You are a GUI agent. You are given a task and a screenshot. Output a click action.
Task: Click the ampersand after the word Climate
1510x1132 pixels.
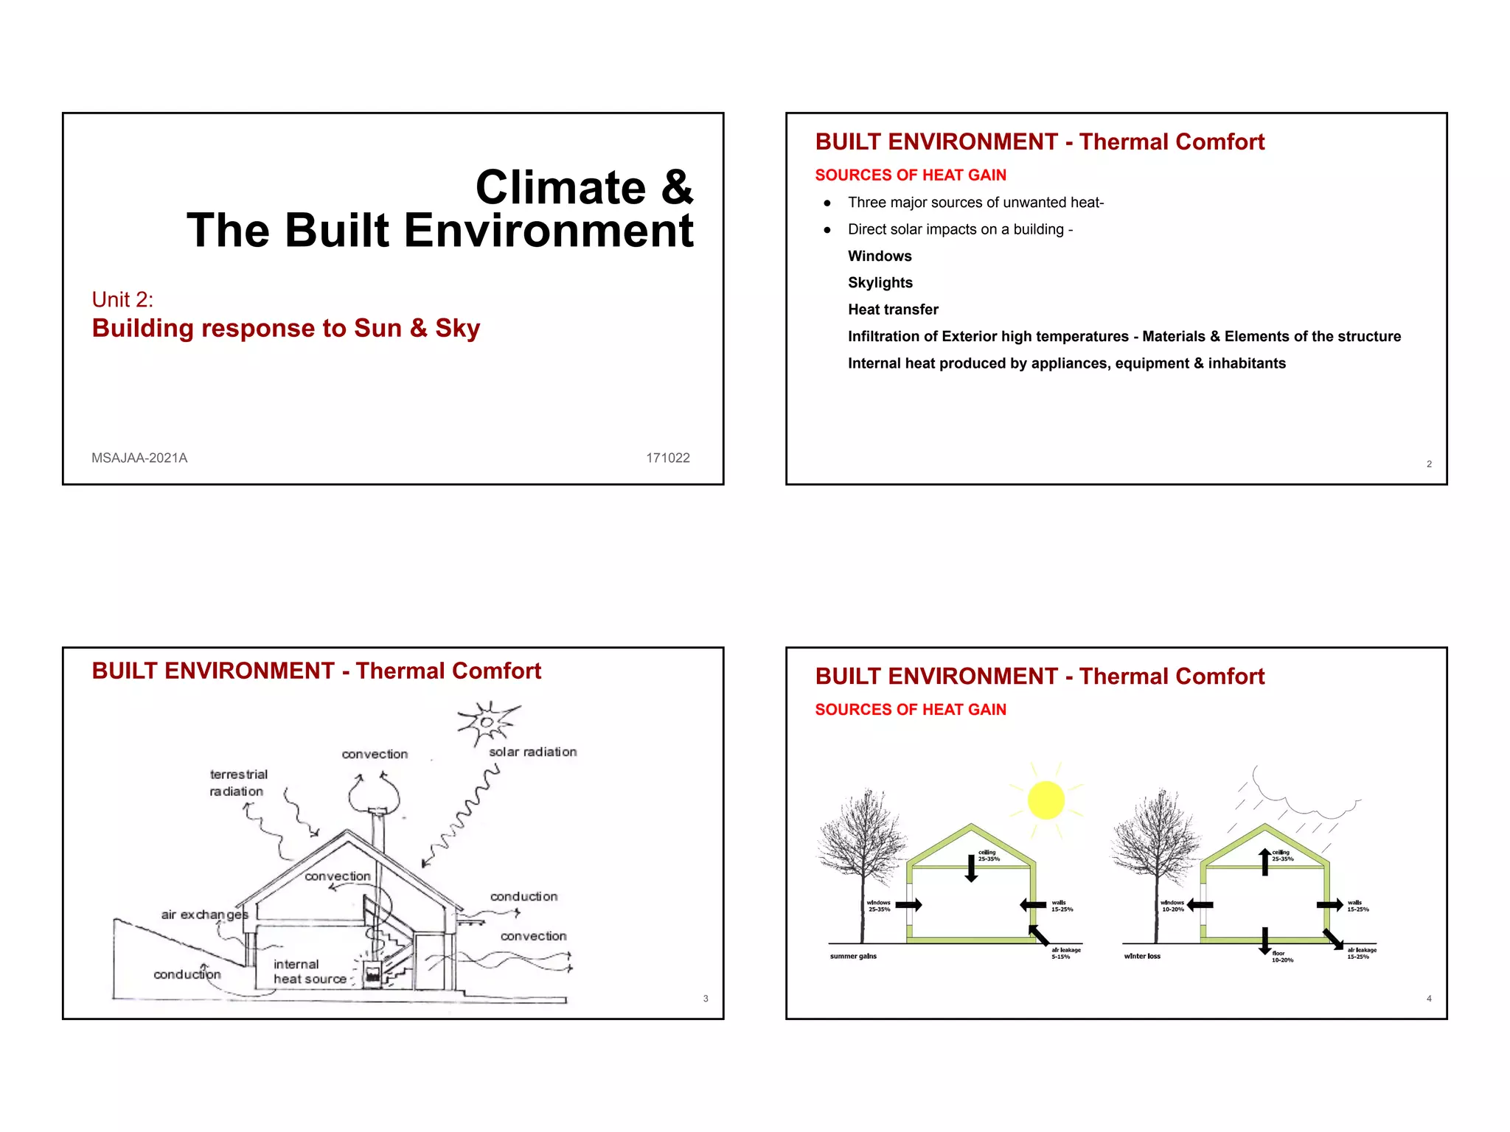(677, 188)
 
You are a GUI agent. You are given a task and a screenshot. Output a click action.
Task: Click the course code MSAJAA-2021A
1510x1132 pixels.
(139, 458)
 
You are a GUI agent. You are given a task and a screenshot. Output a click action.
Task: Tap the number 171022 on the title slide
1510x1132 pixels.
(667, 458)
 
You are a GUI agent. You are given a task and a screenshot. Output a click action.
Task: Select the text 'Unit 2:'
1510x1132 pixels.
(122, 299)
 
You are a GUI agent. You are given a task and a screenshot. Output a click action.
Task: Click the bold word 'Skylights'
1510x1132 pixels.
(880, 283)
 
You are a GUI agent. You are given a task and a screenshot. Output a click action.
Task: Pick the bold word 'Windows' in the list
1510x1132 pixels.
(880, 256)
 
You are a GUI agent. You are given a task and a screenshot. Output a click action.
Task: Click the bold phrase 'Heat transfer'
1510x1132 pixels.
(893, 310)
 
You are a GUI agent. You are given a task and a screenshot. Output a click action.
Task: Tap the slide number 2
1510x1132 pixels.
(1429, 464)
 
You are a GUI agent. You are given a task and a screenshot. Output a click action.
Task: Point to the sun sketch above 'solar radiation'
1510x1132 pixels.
(487, 722)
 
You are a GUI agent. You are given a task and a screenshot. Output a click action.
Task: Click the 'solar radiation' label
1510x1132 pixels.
(532, 752)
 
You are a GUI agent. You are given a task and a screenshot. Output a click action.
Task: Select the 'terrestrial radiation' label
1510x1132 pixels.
(237, 783)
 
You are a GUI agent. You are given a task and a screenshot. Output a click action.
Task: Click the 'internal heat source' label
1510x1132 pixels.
(309, 971)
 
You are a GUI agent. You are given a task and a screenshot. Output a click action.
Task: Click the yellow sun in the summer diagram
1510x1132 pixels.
(1045, 800)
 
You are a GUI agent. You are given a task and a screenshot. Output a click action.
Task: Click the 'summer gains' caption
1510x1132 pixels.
(853, 957)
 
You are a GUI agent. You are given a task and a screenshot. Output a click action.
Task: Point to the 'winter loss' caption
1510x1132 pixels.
(1141, 957)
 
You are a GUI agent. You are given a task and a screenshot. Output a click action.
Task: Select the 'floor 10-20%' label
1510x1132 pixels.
(1282, 957)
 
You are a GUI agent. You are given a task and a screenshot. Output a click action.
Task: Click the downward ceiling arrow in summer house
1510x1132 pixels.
(972, 868)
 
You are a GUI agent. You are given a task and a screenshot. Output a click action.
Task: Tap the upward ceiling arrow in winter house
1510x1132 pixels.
(1265, 862)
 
